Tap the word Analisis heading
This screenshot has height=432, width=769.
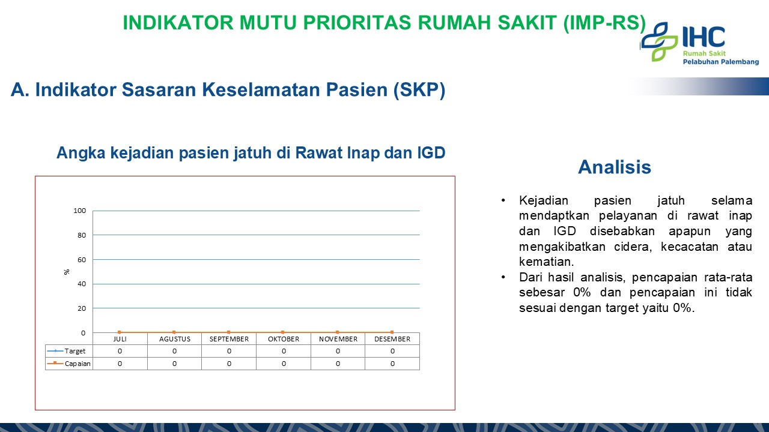[x=615, y=167]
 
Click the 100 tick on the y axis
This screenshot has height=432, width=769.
[x=80, y=211]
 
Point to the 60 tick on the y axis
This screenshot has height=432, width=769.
[x=82, y=260]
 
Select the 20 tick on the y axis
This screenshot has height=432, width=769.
[x=82, y=308]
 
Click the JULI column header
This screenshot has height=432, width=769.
[x=120, y=339]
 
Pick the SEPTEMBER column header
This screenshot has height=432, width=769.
[x=229, y=339]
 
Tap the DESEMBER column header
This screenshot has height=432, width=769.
[x=392, y=339]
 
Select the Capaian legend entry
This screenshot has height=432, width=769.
[x=68, y=364]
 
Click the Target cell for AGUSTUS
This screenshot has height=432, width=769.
[x=174, y=351]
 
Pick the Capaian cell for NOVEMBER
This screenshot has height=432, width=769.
[x=338, y=364]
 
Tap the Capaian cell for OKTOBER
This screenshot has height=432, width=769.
[x=284, y=364]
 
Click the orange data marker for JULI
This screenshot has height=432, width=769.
[x=120, y=332]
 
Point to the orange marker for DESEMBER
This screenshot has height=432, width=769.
[x=392, y=332]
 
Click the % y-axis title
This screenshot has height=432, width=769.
[x=67, y=272]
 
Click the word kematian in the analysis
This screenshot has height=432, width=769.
[x=546, y=262]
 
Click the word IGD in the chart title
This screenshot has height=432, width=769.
[x=431, y=153]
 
